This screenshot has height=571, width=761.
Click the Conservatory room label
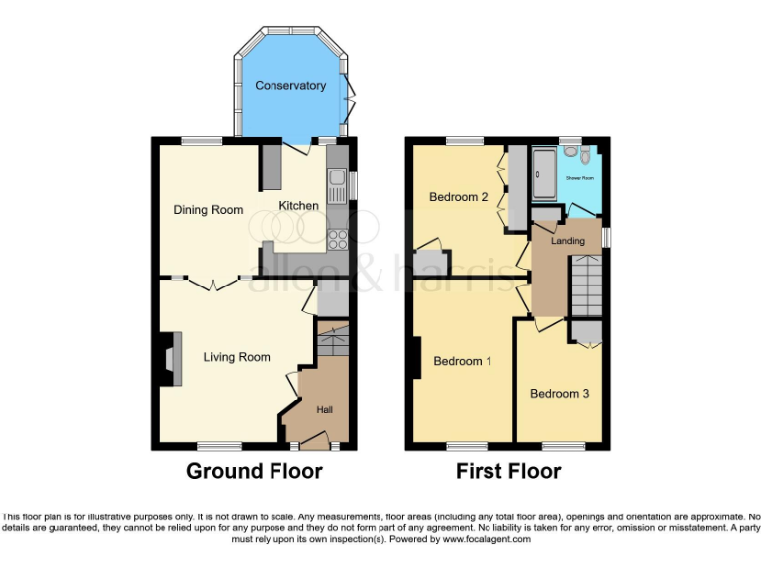[x=290, y=86]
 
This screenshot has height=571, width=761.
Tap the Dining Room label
[x=208, y=210]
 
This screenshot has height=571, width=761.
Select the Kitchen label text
[x=298, y=206]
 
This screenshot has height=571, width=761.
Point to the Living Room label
[x=237, y=357]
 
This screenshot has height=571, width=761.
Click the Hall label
[x=325, y=409]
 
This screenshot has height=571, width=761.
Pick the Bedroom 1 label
[x=462, y=361]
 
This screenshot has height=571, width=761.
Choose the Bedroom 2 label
[x=458, y=197]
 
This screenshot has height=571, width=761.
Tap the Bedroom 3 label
[x=559, y=394]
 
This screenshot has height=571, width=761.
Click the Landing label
[x=568, y=241]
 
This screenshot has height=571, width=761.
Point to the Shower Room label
[x=580, y=178]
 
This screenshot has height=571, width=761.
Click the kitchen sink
[x=337, y=179]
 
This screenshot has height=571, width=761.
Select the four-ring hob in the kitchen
[x=337, y=239]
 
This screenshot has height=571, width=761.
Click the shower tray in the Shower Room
[x=544, y=174]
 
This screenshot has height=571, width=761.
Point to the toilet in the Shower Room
[x=585, y=156]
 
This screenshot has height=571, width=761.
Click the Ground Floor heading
[x=254, y=472]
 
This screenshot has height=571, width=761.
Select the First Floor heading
[x=508, y=472]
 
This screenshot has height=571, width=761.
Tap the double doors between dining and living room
[x=208, y=284]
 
